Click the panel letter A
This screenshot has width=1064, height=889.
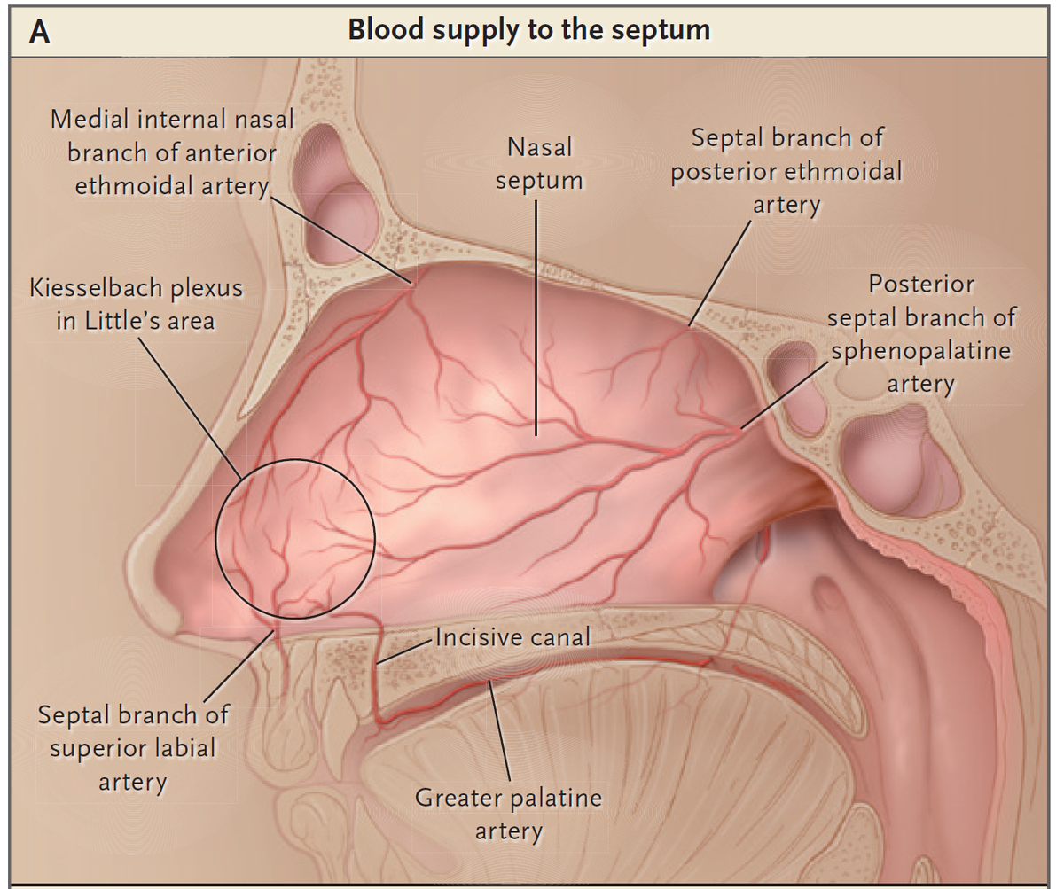tap(40, 33)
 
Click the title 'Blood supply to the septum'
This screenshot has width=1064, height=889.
tap(529, 29)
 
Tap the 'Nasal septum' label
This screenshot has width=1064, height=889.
tap(540, 164)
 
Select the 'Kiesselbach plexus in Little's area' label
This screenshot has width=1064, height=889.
tap(136, 305)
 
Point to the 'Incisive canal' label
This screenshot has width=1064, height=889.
tap(513, 637)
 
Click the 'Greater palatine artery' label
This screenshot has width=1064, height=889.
tap(509, 815)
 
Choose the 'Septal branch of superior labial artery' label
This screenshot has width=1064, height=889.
tap(133, 748)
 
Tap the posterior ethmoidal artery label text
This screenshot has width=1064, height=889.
tap(786, 171)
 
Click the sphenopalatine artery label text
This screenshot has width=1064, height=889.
tap(921, 333)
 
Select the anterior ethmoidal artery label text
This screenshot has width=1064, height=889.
tap(172, 152)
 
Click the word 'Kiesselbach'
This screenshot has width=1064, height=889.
tap(94, 288)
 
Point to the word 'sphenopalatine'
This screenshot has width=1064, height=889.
tap(921, 351)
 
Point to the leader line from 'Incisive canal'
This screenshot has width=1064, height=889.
tap(405, 652)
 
